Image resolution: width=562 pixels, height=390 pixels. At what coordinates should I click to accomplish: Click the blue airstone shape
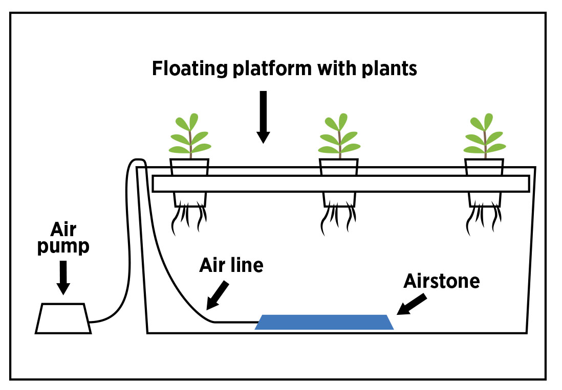[x=324, y=322]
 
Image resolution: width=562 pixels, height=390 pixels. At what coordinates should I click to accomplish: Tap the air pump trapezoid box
[x=63, y=318]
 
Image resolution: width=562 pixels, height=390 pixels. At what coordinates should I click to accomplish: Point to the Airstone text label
[x=441, y=281]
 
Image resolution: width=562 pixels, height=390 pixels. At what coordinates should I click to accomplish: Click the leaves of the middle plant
[x=338, y=135]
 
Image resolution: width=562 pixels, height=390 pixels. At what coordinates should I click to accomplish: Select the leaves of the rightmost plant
[x=484, y=135]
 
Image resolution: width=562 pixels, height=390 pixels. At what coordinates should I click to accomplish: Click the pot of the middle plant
[x=338, y=167]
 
